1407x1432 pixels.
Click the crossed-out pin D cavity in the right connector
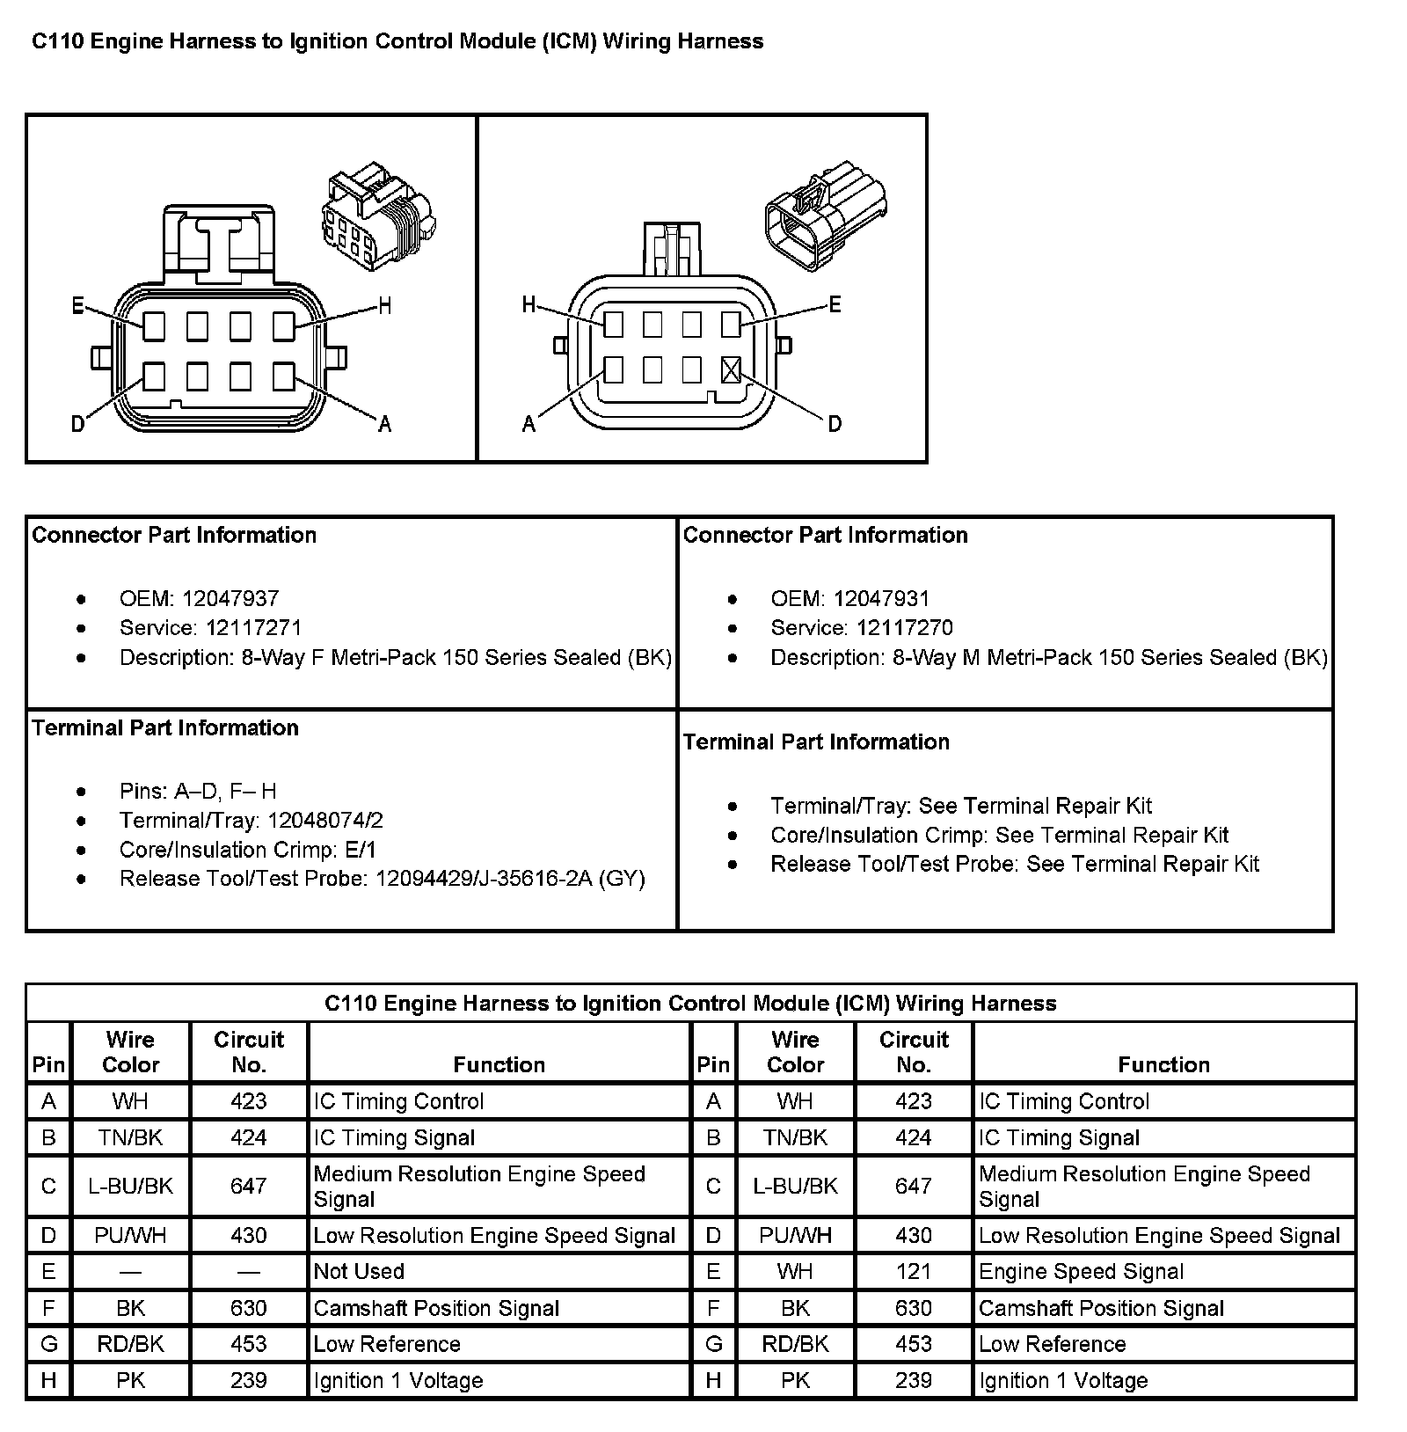[x=731, y=370]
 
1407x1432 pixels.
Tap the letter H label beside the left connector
[x=384, y=306]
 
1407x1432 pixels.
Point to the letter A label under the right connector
[x=529, y=425]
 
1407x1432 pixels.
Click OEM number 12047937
[x=230, y=599]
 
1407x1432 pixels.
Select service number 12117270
[x=904, y=628]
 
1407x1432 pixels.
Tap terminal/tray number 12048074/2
[x=325, y=821]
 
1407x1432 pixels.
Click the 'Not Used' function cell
[x=359, y=1271]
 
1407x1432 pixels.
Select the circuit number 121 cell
[x=914, y=1271]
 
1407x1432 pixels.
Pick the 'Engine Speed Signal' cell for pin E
[x=1081, y=1271]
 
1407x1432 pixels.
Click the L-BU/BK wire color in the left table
[x=130, y=1186]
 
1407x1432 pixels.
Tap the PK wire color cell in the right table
[x=795, y=1380]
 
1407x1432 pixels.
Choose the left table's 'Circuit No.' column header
[x=249, y=1052]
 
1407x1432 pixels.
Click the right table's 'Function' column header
[x=1163, y=1064]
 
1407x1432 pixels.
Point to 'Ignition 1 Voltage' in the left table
[x=398, y=1380]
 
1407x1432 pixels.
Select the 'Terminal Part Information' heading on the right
[x=816, y=742]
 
